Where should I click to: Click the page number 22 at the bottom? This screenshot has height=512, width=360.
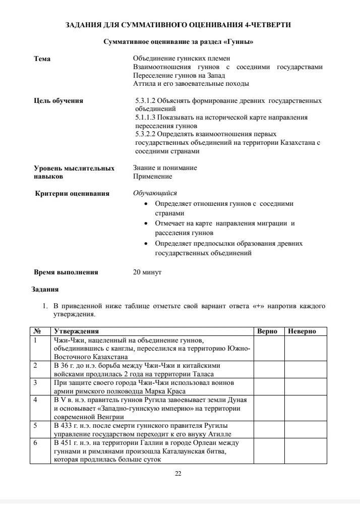[178, 473]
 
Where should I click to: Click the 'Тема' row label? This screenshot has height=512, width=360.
[42, 59]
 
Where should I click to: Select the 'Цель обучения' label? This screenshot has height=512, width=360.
[58, 100]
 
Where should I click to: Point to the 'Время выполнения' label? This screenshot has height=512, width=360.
[66, 272]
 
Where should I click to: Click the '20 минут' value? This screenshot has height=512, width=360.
[147, 272]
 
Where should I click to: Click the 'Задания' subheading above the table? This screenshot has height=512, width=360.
[45, 290]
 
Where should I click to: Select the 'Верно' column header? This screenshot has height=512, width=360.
[267, 331]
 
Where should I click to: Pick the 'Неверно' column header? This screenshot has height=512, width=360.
[302, 331]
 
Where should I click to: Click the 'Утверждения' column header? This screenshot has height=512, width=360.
[76, 331]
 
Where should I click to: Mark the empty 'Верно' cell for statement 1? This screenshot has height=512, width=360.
[269, 348]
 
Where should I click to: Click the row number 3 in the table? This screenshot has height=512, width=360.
[36, 382]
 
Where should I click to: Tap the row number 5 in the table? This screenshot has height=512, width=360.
[36, 425]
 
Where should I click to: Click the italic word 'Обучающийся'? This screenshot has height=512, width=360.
[155, 193]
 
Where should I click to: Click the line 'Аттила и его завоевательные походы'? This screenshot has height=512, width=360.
[191, 84]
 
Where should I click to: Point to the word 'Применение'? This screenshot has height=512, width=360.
[152, 177]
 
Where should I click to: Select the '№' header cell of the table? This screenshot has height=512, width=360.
[37, 331]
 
